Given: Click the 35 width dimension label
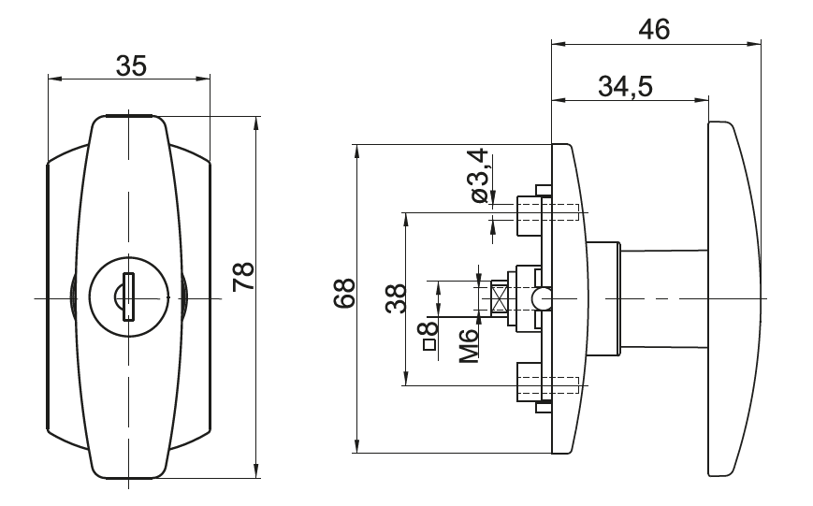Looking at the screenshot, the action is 131,66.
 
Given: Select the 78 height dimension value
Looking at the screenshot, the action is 243,276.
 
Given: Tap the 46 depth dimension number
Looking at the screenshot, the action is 654,29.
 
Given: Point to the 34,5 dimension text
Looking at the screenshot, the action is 625,86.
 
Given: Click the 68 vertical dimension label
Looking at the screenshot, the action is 344,294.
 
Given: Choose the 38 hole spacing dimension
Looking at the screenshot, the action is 396,298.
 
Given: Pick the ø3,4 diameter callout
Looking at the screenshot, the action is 477,175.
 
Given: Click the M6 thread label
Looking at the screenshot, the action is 468,346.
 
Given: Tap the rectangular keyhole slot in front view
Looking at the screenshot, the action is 128,296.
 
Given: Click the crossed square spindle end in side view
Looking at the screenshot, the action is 499,298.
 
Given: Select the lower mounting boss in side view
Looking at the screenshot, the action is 529,383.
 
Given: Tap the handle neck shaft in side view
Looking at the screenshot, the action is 664,298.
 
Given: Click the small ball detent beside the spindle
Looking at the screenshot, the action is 541,298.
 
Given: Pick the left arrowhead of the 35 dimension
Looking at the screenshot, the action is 54,80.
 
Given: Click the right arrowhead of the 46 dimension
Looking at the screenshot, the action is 754,45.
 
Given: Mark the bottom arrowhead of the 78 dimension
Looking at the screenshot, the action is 256,470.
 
